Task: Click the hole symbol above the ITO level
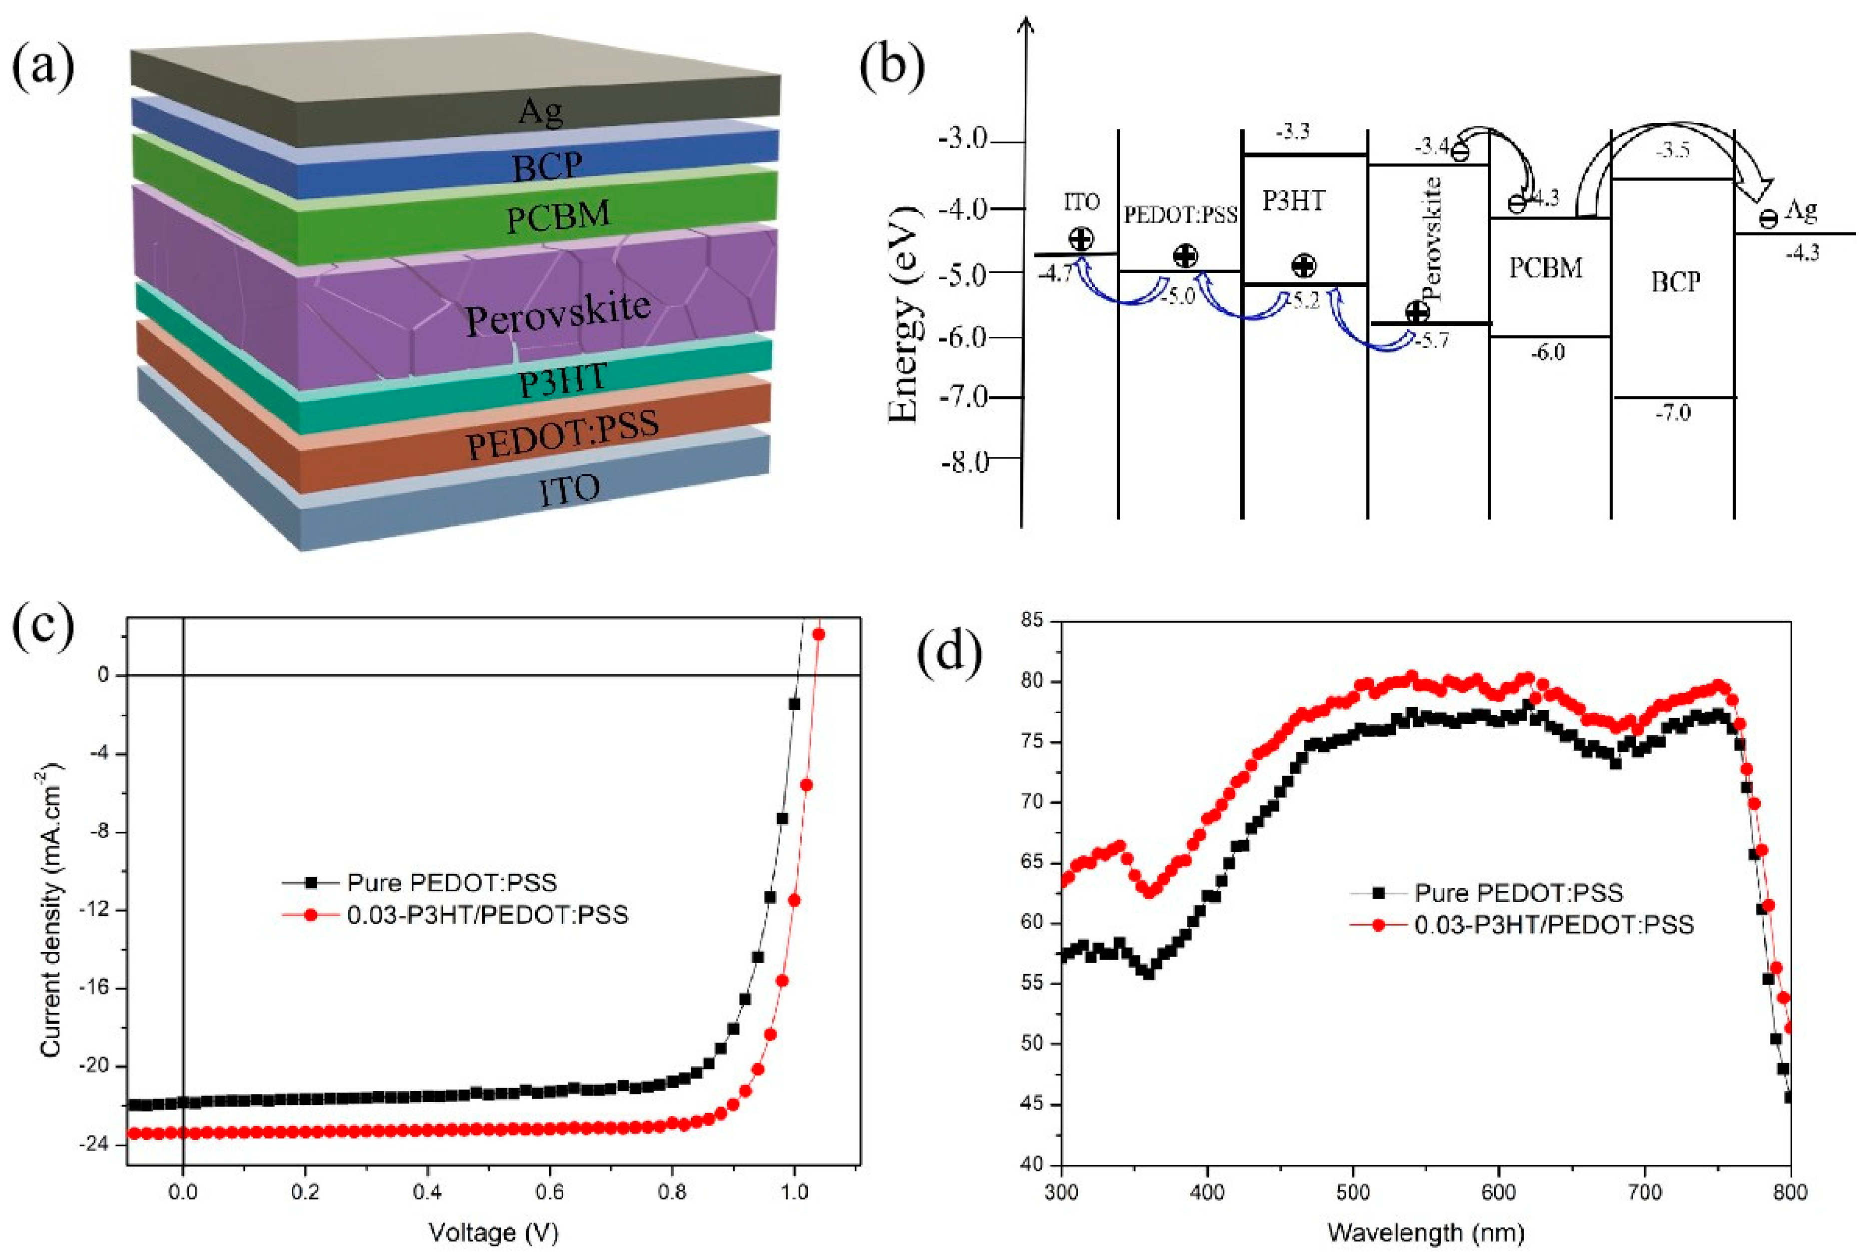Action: [x=1081, y=238]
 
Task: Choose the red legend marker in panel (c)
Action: [x=312, y=915]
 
